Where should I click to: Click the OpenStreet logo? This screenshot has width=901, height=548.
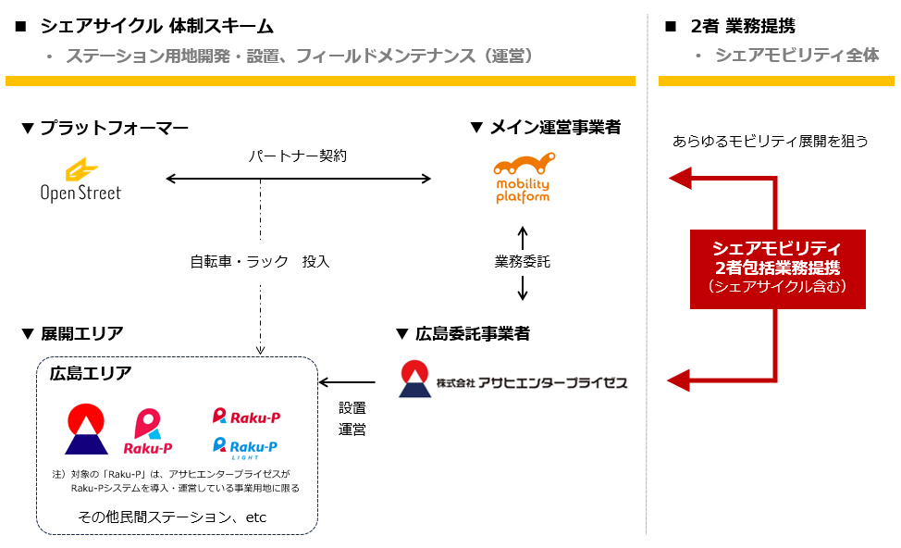click(80, 180)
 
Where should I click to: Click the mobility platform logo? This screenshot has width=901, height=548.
click(523, 178)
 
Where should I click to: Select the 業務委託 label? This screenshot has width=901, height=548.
click(522, 262)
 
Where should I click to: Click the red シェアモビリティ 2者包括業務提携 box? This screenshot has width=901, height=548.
click(776, 268)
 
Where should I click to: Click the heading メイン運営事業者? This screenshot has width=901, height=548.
click(545, 128)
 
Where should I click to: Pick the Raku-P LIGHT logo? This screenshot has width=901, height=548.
click(245, 449)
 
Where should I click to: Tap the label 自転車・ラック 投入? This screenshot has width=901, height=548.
click(260, 262)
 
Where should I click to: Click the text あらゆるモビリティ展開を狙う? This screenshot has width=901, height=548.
click(770, 142)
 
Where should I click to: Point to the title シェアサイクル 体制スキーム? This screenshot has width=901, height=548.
click(155, 27)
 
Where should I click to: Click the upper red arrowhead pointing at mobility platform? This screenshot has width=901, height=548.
click(680, 178)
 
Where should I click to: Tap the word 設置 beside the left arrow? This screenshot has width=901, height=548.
click(352, 406)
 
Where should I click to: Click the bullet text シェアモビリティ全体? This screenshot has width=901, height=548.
click(796, 56)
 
